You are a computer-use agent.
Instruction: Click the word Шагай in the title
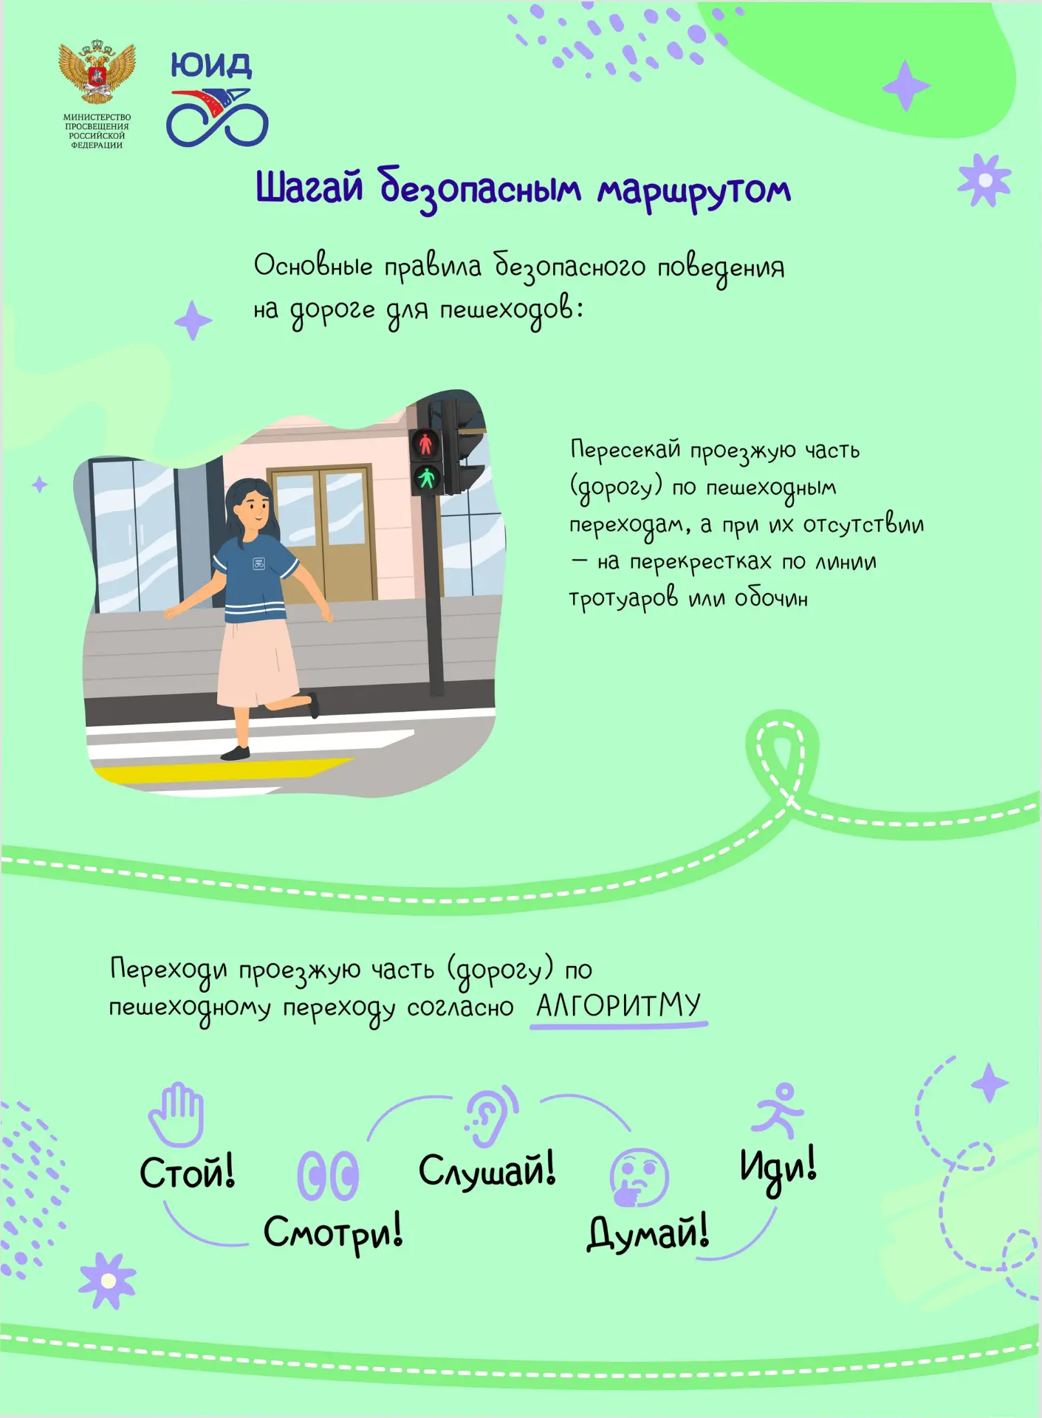pyautogui.click(x=309, y=187)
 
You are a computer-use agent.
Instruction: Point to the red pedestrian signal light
pyautogui.click(x=425, y=444)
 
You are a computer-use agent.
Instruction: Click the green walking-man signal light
pyautogui.click(x=427, y=479)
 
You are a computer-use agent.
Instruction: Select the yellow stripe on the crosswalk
pyautogui.click(x=222, y=770)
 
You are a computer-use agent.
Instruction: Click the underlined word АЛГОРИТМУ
pyautogui.click(x=618, y=1006)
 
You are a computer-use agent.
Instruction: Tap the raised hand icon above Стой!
pyautogui.click(x=176, y=1114)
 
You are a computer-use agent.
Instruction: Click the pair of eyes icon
pyautogui.click(x=328, y=1175)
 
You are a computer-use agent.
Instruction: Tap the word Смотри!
pyautogui.click(x=333, y=1233)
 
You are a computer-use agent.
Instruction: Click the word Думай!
pyautogui.click(x=648, y=1233)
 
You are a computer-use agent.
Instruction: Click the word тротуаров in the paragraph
pyautogui.click(x=623, y=598)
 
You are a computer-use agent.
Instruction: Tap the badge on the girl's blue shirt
pyautogui.click(x=258, y=564)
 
